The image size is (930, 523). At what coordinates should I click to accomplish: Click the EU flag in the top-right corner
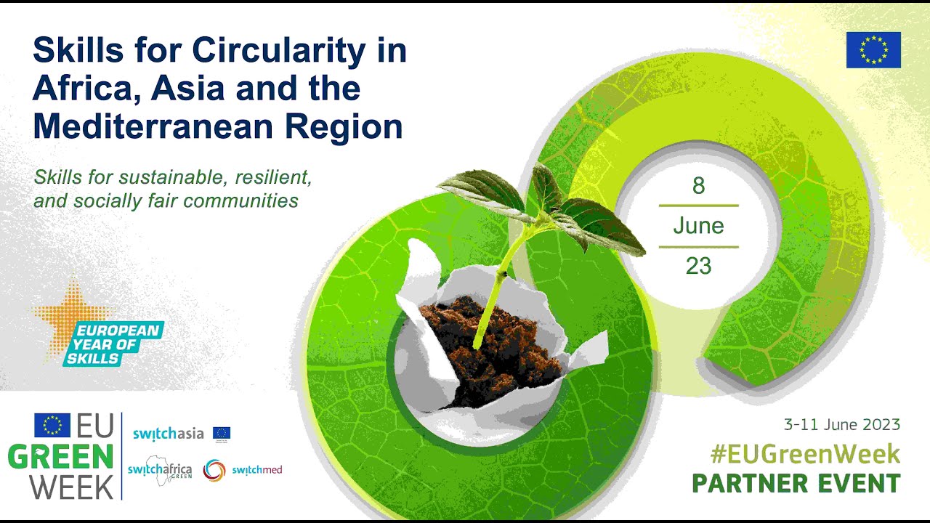click(873, 50)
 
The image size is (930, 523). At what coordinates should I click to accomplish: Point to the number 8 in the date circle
click(698, 186)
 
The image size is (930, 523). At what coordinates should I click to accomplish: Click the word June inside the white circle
click(698, 226)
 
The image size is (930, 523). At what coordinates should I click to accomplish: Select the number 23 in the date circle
click(698, 266)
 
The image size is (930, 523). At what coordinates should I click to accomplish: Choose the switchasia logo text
click(168, 434)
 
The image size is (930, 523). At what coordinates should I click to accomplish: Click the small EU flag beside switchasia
click(222, 434)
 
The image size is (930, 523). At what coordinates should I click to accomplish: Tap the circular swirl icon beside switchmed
click(214, 470)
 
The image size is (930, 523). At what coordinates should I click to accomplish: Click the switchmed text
click(257, 470)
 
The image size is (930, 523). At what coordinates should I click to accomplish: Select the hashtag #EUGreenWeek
click(805, 454)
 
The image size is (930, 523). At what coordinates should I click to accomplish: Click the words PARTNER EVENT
click(796, 483)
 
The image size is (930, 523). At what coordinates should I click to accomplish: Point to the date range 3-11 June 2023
click(841, 424)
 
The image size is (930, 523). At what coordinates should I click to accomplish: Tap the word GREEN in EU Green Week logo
click(60, 458)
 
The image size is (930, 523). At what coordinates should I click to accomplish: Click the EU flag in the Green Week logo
click(52, 425)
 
